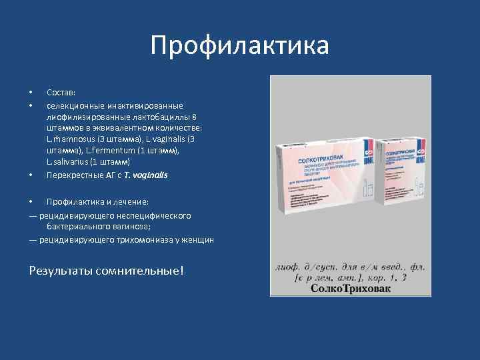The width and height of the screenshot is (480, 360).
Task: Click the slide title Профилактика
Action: point(239,45)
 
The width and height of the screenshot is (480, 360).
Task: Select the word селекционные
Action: point(73,105)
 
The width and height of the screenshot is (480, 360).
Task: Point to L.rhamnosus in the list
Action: point(70,139)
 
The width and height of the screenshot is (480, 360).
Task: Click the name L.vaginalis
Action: point(165,139)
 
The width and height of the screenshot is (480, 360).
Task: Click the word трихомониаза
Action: point(143,239)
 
